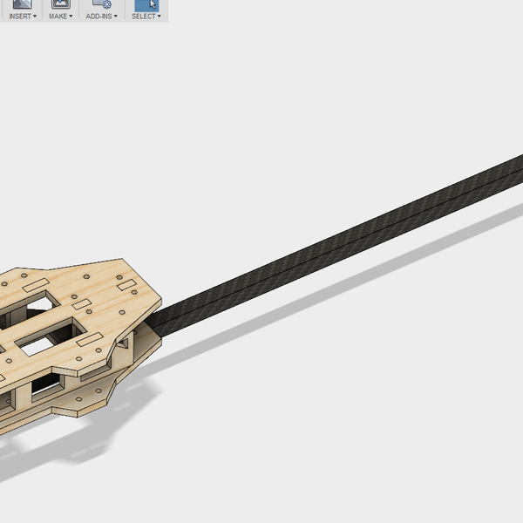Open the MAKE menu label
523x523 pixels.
coord(58,17)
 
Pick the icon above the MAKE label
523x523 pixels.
coord(60,4)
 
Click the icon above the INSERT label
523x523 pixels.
coord(22,4)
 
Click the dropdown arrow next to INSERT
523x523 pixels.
coord(35,17)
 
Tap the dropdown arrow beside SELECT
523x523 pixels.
coord(159,17)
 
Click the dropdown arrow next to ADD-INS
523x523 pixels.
coord(116,17)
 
